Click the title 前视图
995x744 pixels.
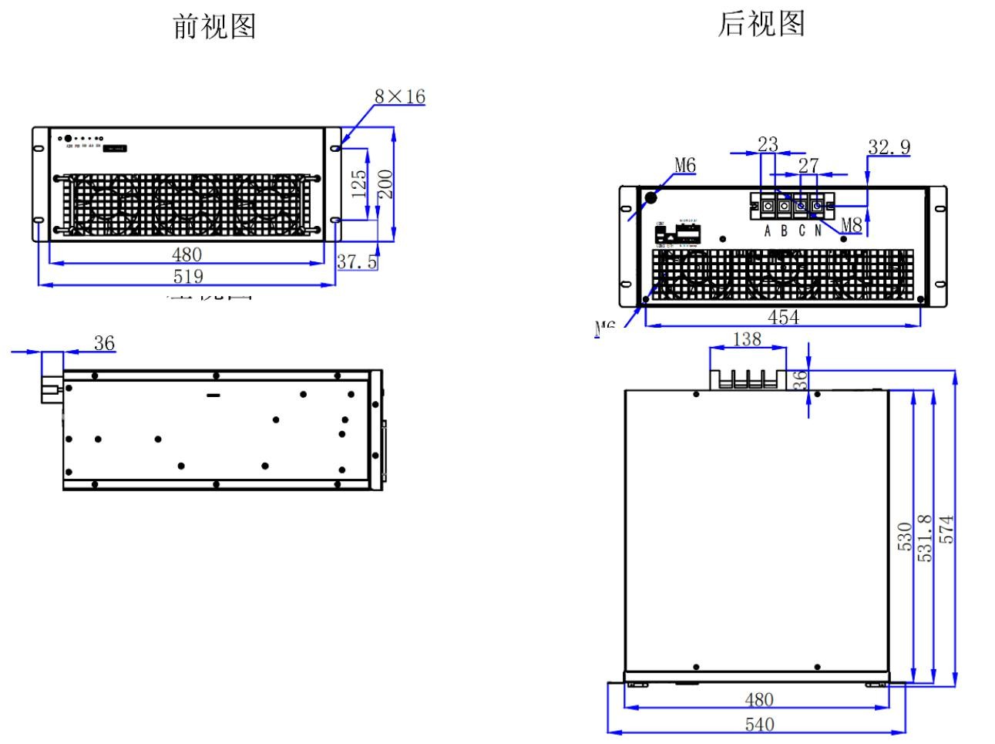pos(214,26)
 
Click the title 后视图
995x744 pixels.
pos(761,24)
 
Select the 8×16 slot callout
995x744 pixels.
pos(399,96)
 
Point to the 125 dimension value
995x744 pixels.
pos(359,184)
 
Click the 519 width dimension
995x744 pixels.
pos(188,276)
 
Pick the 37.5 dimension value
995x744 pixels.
pos(357,261)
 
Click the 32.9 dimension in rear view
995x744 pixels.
pos(889,147)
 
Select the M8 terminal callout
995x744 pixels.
pos(851,225)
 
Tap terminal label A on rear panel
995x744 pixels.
pos(768,231)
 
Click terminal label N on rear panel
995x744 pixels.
pos(818,231)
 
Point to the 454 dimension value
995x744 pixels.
pos(784,317)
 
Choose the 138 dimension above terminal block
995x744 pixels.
pos(747,339)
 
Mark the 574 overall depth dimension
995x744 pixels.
pos(947,530)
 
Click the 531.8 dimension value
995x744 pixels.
pos(926,537)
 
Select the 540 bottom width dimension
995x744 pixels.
pos(759,724)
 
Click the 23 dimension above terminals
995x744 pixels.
pos(768,144)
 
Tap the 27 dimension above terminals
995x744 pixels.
pos(808,166)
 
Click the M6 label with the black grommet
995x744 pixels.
pos(685,165)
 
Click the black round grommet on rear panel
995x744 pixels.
pos(650,197)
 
